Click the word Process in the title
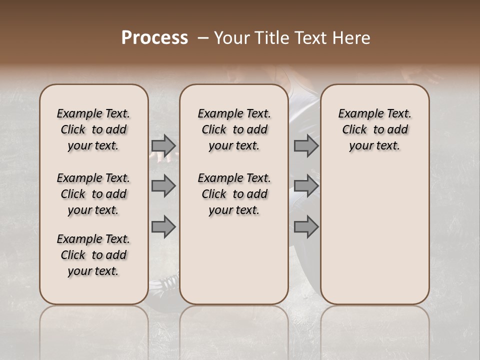[154, 38]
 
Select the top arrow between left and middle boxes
[163, 145]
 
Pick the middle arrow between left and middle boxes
[163, 186]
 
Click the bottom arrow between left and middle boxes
[163, 227]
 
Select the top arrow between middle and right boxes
[306, 145]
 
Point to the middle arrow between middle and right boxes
[306, 186]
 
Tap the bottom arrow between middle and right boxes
[306, 227]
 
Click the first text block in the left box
[93, 129]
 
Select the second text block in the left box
[93, 194]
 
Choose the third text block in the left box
[93, 255]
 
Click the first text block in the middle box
[234, 129]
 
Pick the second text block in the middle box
[234, 194]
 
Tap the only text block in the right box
[374, 129]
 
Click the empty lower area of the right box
[374, 235]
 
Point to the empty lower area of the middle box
[234, 260]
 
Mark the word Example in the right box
[356, 114]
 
